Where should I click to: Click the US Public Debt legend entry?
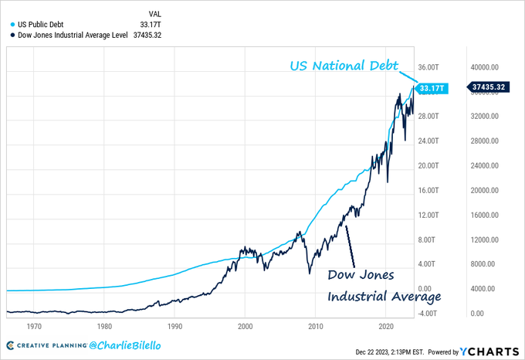[x=40, y=24]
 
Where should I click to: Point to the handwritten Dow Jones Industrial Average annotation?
[x=384, y=286]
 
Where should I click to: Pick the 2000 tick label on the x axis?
[x=246, y=326]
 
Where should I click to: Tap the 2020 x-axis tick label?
[x=386, y=326]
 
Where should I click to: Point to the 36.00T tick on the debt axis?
[x=428, y=66]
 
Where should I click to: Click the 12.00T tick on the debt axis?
[x=428, y=215]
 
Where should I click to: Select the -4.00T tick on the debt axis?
[x=428, y=314]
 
